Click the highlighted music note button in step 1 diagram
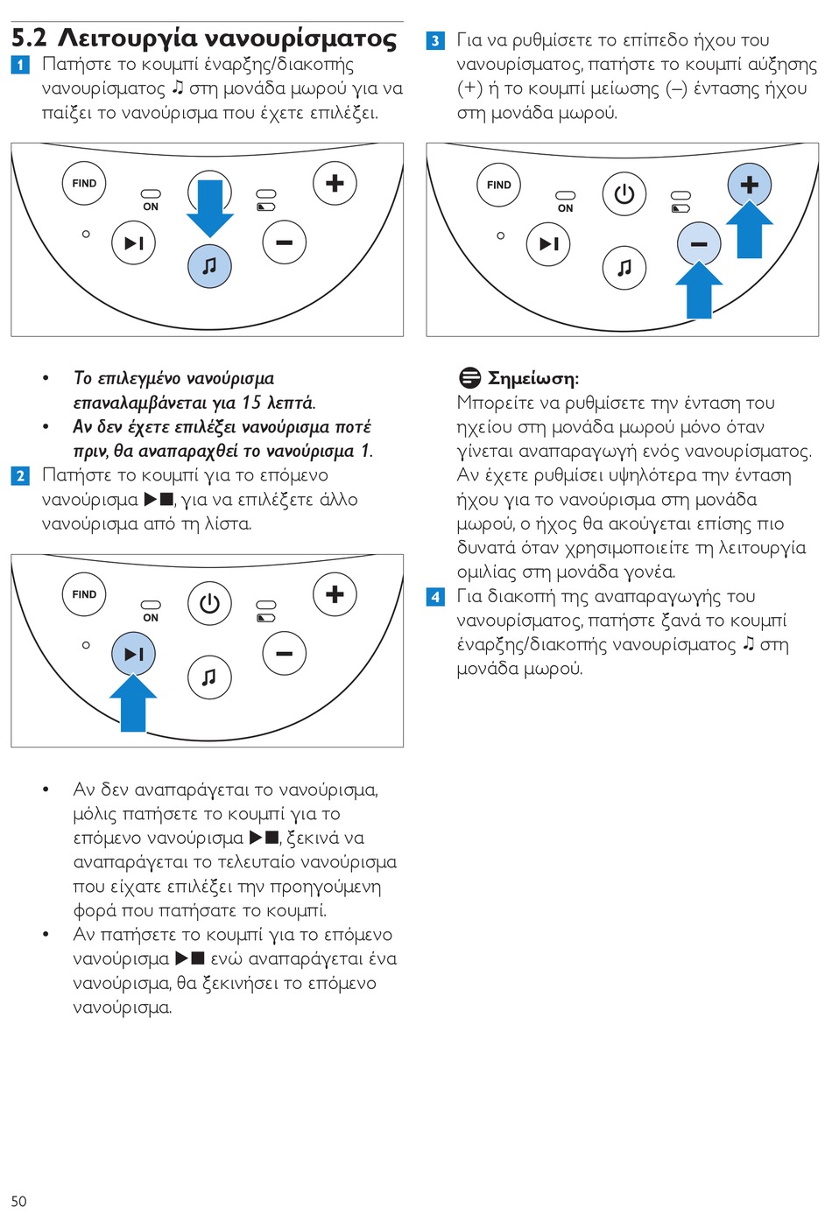click(209, 266)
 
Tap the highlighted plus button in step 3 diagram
click(750, 185)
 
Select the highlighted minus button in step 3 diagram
click(699, 244)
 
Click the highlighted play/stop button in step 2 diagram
click(133, 654)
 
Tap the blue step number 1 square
click(20, 65)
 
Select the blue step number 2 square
click(20, 475)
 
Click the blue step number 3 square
click(435, 40)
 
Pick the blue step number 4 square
click(435, 597)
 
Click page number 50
click(18, 1201)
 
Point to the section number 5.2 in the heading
click(29, 38)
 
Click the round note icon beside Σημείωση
click(470, 378)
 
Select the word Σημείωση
click(532, 378)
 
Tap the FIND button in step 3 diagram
click(499, 185)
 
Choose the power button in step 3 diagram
click(624, 193)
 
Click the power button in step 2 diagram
click(209, 603)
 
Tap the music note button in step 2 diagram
click(209, 677)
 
